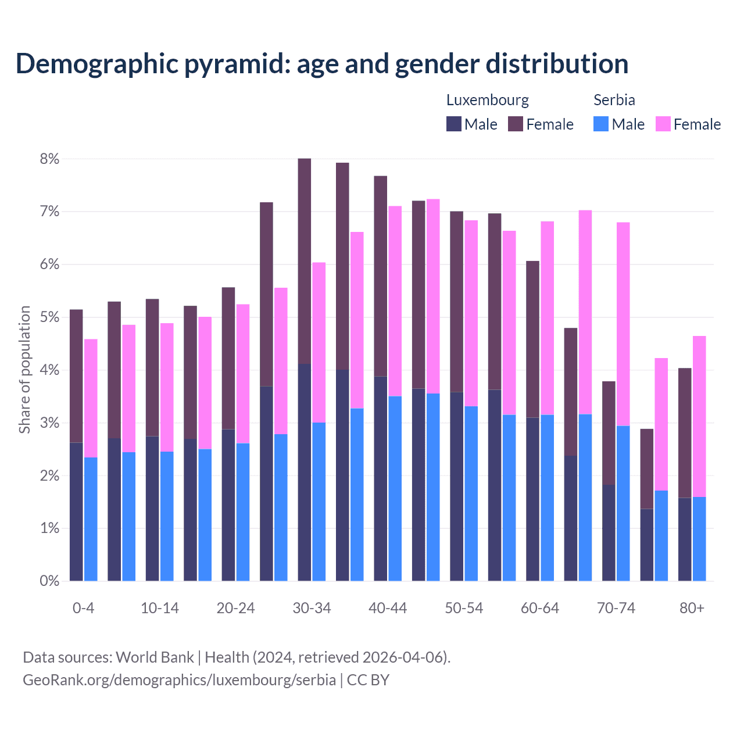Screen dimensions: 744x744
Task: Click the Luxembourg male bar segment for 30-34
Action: click(304, 472)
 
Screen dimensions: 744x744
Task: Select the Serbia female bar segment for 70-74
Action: click(623, 324)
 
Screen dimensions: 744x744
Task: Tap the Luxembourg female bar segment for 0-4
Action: click(76, 376)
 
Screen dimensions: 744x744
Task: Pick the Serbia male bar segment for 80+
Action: click(699, 539)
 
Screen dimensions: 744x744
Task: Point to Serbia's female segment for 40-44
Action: click(395, 301)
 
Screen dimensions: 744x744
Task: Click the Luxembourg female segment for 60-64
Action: click(532, 339)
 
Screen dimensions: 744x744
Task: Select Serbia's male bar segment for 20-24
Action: click(243, 512)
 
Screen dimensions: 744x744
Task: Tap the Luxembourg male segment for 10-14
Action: click(152, 509)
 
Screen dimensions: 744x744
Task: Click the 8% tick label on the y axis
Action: click(49, 159)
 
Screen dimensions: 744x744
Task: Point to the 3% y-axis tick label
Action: click(49, 423)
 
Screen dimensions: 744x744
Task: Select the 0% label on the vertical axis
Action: click(49, 581)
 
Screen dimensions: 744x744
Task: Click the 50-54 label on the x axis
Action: click(464, 609)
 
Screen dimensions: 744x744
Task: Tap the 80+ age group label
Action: click(692, 609)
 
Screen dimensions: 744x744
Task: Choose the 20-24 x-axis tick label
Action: click(235, 609)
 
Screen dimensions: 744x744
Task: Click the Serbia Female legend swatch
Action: click(663, 124)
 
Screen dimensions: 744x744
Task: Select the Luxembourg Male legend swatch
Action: click(454, 124)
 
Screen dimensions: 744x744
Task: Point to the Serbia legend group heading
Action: click(614, 100)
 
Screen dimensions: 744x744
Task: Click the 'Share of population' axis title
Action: click(24, 370)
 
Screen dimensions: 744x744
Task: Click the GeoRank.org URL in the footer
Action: click(179, 679)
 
